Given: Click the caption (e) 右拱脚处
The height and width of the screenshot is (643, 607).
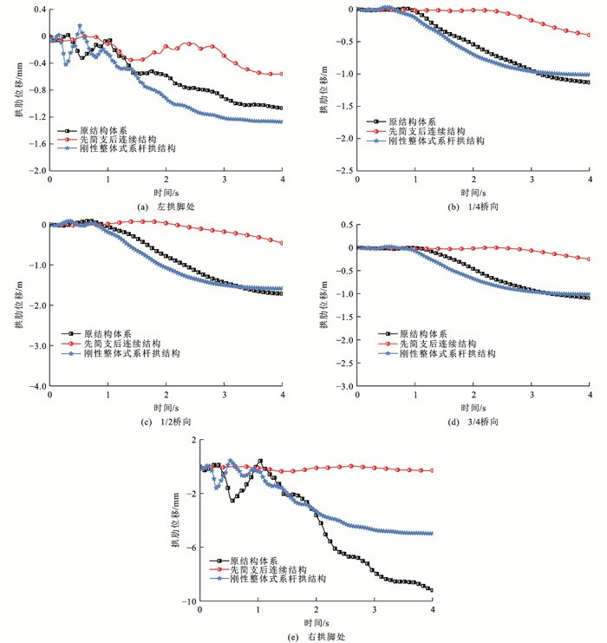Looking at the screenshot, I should click(316, 636).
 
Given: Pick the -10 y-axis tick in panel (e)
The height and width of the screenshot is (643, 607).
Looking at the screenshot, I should click(190, 601).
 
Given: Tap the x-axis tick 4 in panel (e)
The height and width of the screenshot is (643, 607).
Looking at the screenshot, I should click(432, 611).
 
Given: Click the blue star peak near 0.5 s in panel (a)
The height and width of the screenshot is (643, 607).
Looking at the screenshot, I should click(80, 26).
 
